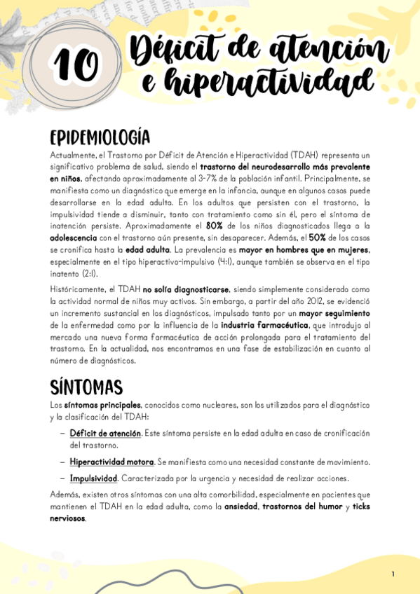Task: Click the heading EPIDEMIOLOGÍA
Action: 100,136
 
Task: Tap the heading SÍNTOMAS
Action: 86,387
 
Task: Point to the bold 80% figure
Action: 214,226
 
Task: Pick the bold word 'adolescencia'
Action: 79,238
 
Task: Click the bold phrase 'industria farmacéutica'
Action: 263,325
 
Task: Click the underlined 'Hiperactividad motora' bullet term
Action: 111,462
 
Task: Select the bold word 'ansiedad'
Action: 241,506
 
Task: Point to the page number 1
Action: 393,574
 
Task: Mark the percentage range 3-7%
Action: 214,178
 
